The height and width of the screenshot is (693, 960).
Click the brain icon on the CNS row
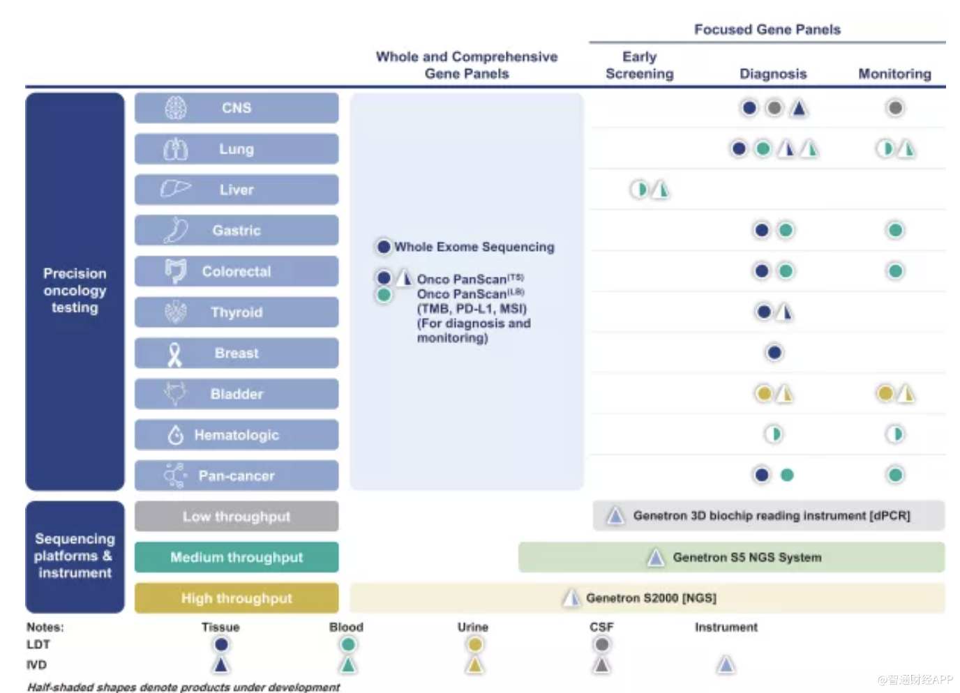point(176,107)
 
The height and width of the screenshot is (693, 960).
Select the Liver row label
point(237,190)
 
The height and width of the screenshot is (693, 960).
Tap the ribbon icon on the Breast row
point(174,353)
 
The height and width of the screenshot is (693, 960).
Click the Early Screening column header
point(640,65)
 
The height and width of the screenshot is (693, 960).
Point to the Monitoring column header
point(895,74)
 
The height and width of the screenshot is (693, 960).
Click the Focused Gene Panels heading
point(767,29)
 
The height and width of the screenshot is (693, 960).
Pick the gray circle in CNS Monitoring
point(895,107)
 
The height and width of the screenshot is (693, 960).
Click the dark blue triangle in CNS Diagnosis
point(798,108)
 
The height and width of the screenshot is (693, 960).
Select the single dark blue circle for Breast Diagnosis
point(774,353)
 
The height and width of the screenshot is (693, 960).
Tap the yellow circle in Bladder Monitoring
point(885,393)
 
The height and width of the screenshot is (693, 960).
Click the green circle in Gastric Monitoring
point(895,230)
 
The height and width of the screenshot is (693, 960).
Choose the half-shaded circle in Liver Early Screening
point(639,190)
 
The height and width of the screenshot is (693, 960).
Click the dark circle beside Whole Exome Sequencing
point(384,246)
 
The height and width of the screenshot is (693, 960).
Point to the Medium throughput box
point(237,557)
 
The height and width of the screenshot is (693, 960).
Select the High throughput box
point(237,598)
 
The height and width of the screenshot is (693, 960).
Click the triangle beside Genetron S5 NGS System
point(655,557)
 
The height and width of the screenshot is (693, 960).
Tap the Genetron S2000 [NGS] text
point(651,598)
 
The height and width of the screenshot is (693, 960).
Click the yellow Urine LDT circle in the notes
point(474,644)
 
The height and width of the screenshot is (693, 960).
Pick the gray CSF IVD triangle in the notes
point(601,665)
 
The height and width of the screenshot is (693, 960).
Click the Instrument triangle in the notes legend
point(726,664)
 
